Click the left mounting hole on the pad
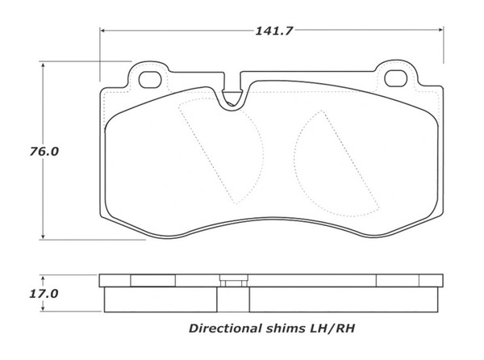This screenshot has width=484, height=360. [150, 79]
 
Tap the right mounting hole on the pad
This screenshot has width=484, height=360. [394, 79]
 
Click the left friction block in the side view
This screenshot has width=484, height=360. [174, 300]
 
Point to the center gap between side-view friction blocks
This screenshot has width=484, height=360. [245, 300]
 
